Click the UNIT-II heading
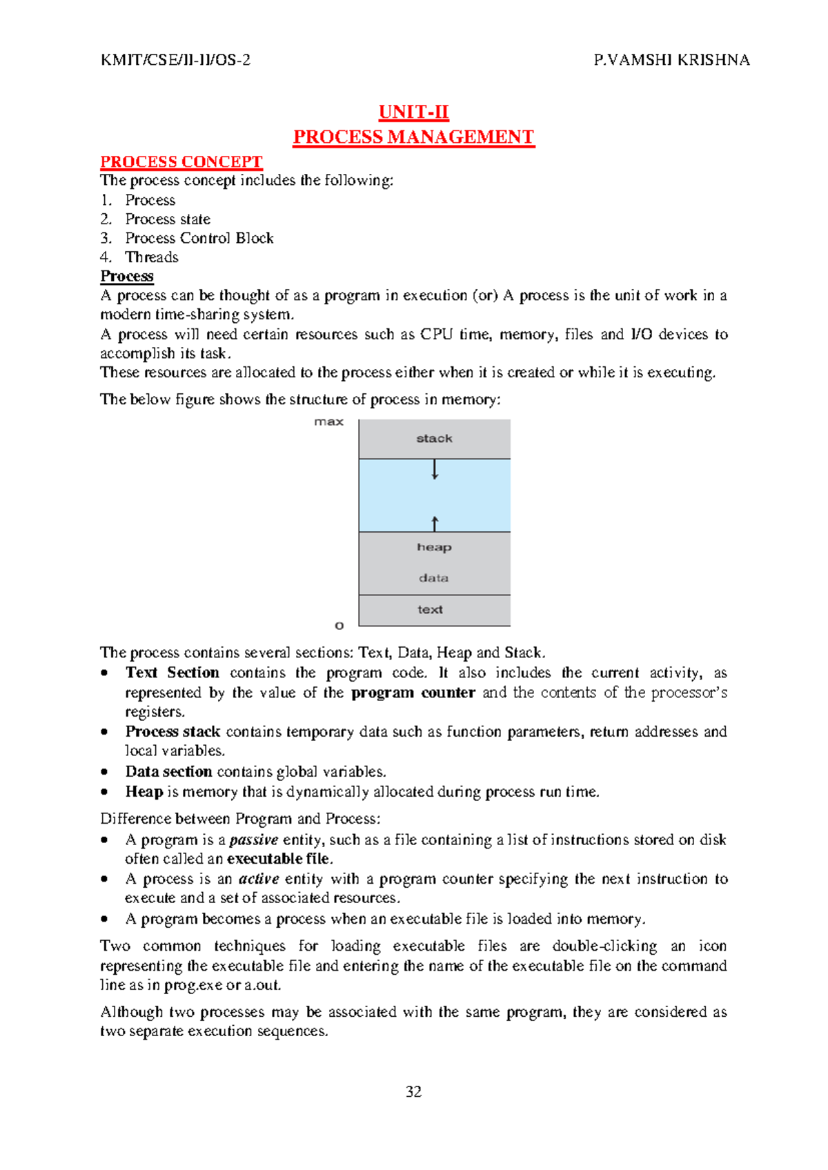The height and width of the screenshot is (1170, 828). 413,112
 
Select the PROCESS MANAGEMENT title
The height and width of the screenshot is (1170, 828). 413,137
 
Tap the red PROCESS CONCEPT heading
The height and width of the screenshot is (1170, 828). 181,161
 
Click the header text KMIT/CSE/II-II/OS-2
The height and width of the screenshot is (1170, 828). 175,60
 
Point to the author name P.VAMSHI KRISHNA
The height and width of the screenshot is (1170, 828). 671,60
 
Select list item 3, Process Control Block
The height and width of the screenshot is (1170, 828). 199,238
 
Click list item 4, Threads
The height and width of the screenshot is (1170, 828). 151,257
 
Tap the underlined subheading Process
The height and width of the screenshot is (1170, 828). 127,276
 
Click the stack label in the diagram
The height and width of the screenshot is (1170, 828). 434,439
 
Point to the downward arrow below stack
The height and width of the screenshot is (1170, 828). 435,470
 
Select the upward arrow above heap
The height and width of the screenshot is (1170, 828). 435,523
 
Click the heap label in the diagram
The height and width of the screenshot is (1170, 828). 434,547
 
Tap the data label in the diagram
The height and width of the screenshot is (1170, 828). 433,578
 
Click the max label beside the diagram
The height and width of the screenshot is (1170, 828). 328,422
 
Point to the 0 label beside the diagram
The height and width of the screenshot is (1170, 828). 339,626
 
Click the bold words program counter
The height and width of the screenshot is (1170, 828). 413,693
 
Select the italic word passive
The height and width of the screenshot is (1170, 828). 253,840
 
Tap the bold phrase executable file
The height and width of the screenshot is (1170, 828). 279,859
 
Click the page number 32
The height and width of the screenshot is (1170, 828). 413,1091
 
